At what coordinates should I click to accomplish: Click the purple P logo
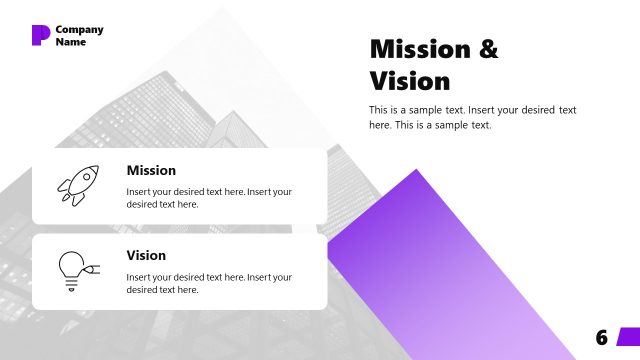40,35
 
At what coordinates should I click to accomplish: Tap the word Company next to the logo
79,29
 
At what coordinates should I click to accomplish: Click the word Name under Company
71,42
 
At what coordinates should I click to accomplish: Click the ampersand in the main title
487,48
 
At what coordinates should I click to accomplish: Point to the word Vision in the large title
410,80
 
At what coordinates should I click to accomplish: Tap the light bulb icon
72,268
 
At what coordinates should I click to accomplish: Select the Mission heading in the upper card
151,170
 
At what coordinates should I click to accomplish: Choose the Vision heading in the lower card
146,255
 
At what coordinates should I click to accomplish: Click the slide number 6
601,338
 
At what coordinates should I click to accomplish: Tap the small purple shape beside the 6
628,336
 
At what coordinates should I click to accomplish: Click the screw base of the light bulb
71,285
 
